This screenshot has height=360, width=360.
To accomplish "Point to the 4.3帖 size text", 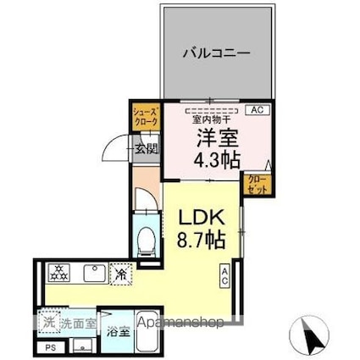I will coord(217,161).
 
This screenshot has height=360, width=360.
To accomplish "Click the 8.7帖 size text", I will coord(202,241).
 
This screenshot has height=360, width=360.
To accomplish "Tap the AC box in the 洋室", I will coord(255,110).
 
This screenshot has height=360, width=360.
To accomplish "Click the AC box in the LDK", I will coord(225,275).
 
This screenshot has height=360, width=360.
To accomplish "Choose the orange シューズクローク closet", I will coord(141,115).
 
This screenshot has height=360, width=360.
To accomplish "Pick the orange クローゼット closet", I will coord(256,183).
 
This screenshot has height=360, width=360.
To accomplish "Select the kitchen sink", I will coord(93,274).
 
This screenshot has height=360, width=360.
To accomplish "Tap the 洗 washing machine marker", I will coord(49,323).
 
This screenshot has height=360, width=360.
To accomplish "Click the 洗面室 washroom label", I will coord(76,323).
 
